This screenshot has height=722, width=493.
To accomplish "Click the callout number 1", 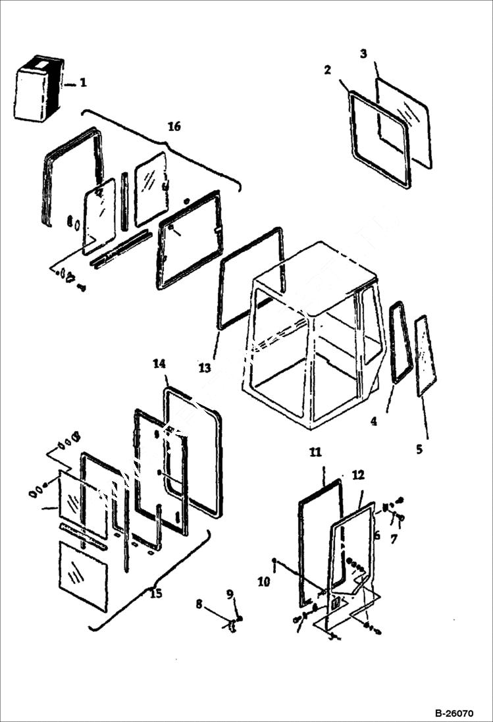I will click(x=84, y=82).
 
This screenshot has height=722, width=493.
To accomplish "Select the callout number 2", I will click(x=328, y=70).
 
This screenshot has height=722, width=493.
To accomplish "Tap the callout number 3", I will click(x=363, y=53).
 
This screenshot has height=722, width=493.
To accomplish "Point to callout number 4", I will click(x=374, y=421).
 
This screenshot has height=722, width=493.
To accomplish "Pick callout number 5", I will click(x=419, y=450).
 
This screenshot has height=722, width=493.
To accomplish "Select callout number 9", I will click(x=230, y=594).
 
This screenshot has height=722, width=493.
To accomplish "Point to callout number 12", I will click(x=358, y=474).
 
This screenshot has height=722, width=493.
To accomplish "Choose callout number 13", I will click(x=205, y=368).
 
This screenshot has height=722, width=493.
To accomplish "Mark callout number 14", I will click(x=159, y=363).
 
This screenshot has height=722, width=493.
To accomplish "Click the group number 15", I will click(x=155, y=594).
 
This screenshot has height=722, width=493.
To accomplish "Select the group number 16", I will click(x=174, y=126).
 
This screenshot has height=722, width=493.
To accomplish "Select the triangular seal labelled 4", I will click(x=401, y=342).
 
